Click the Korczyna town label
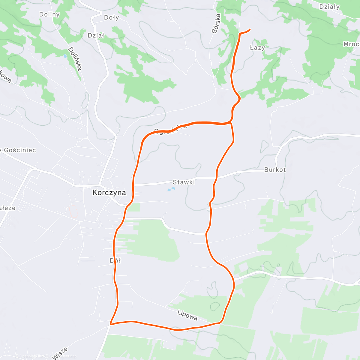pos(109,193)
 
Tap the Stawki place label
pos(184,182)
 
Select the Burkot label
pos(275,169)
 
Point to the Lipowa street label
pos(187,315)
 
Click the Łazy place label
pos(257,48)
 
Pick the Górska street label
pos(216,23)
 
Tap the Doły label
pos(111,17)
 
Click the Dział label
pos(96,35)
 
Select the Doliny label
pos(49,14)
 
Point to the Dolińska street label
pos(75,59)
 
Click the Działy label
pos(329,7)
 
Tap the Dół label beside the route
pos(115,260)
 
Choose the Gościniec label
pos(20,150)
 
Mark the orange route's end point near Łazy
pos(250,29)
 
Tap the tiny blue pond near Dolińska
pos(65,56)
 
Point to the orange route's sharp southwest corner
pos(111,324)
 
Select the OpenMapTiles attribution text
pos(30,356)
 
